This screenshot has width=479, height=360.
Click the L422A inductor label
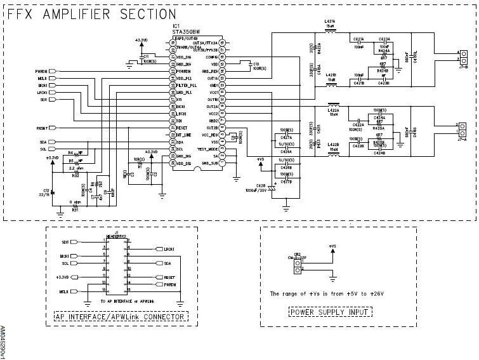tap(333, 109)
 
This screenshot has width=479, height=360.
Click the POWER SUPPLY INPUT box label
tap(331, 312)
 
